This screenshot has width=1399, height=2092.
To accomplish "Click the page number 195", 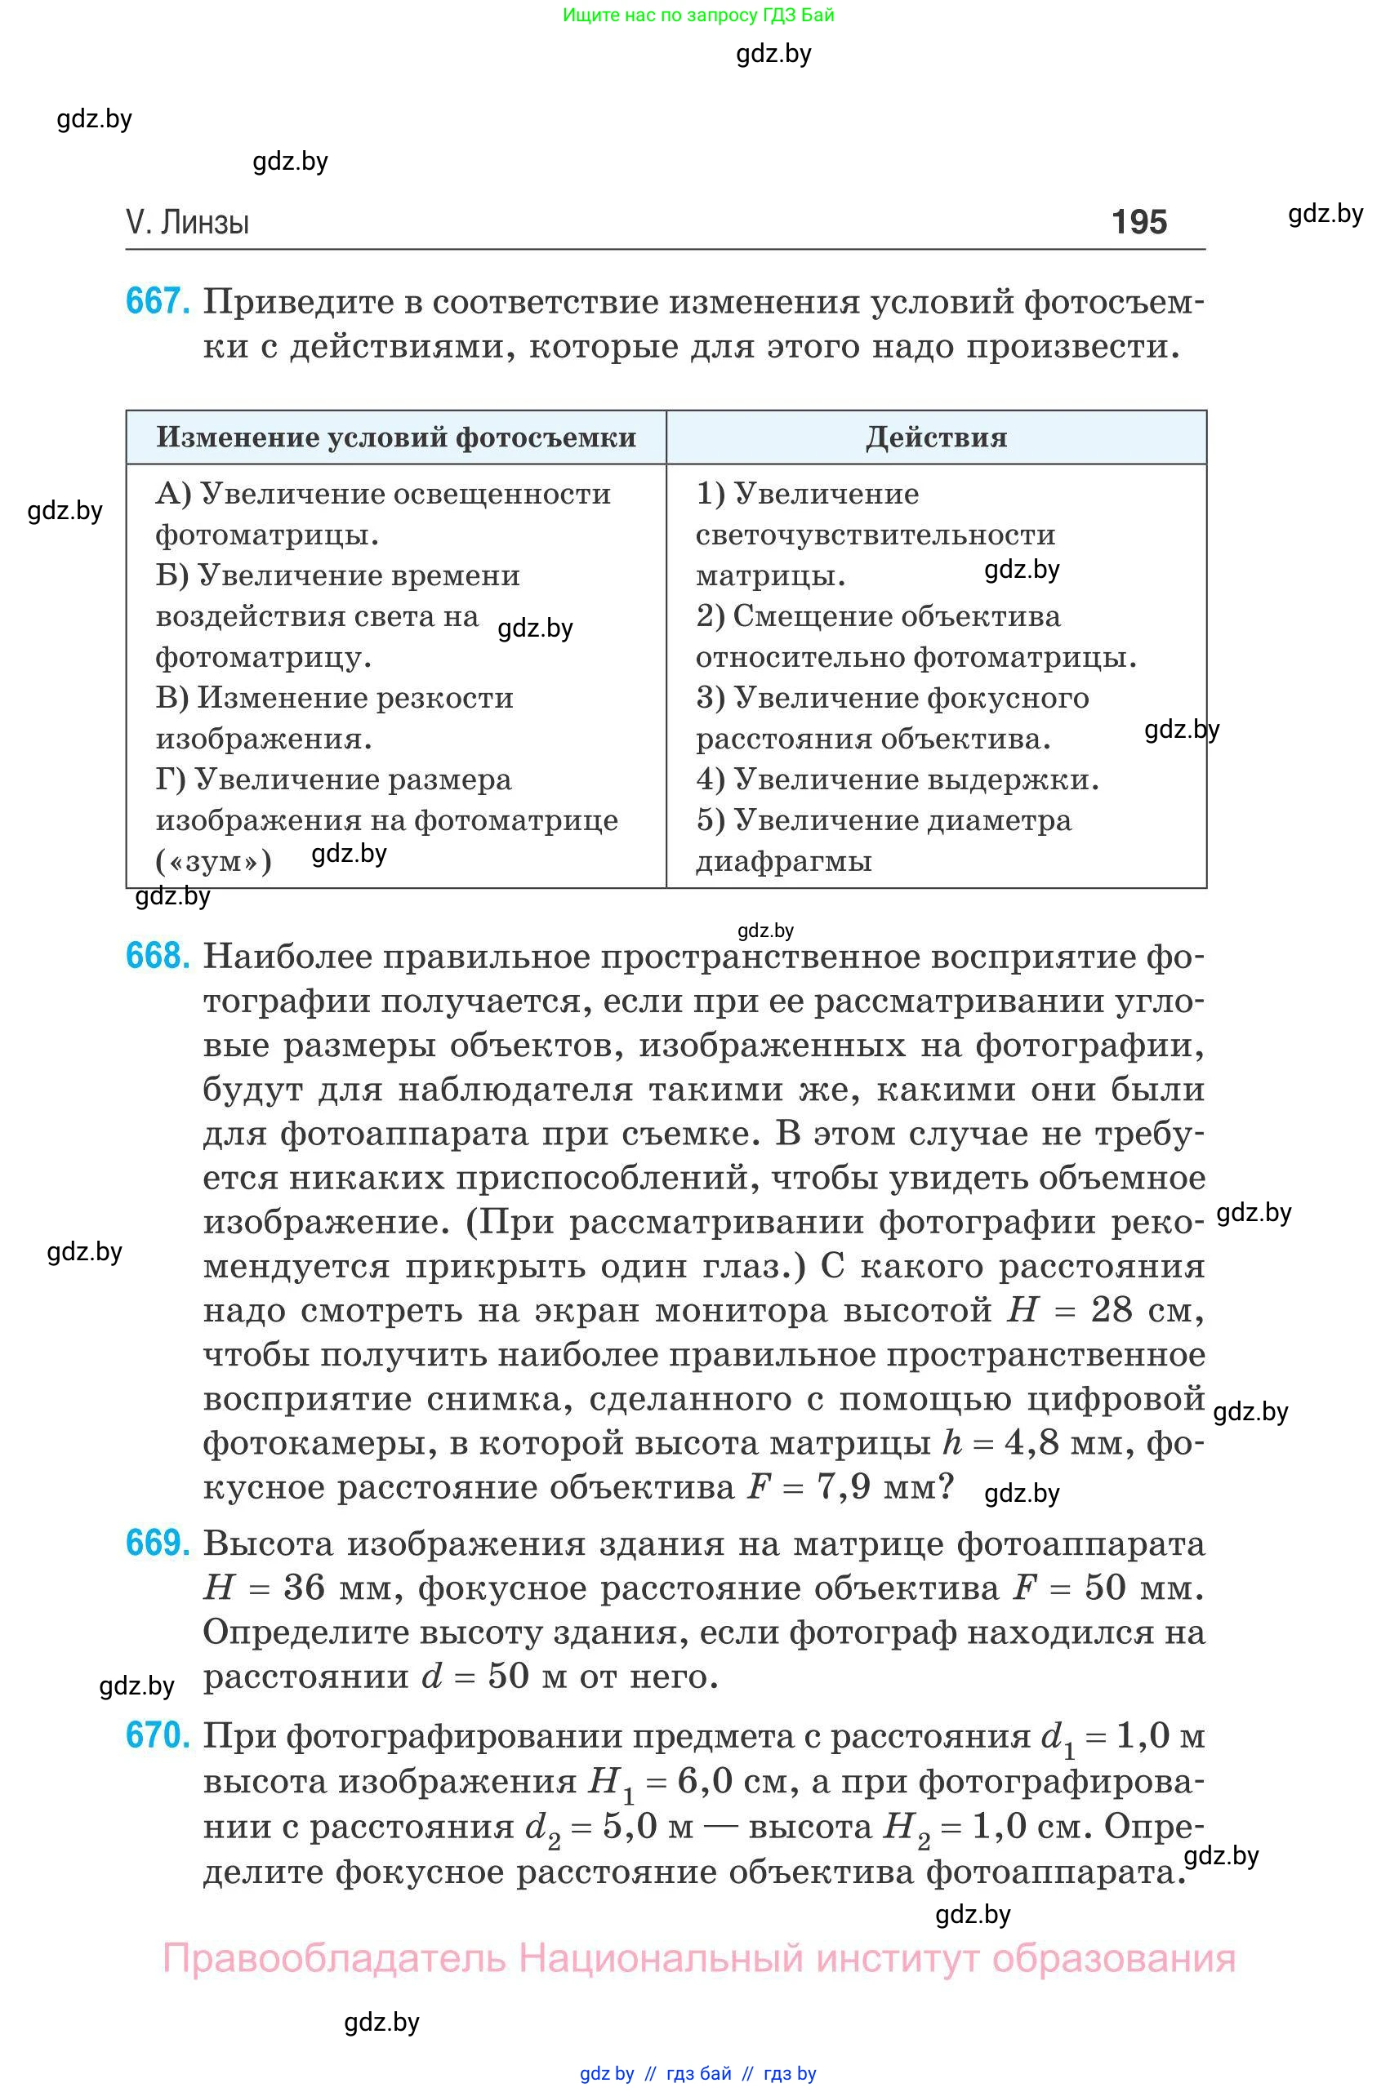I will [x=1138, y=221].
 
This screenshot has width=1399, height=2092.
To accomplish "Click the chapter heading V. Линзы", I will [x=187, y=222].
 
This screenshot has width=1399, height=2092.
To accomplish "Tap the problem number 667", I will [x=157, y=301].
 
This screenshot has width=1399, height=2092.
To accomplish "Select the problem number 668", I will [x=157, y=956].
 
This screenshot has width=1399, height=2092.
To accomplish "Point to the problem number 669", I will [x=157, y=1543].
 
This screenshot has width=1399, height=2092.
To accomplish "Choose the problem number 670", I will [x=157, y=1735].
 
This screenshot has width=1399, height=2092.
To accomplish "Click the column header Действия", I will [x=936, y=437].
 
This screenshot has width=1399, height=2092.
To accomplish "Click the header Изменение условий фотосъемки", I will [x=396, y=437].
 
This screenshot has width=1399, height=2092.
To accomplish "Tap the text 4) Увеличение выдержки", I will [x=897, y=780].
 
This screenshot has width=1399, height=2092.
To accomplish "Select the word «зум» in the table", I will [x=213, y=861].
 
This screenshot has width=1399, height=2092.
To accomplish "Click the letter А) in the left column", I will [x=173, y=493].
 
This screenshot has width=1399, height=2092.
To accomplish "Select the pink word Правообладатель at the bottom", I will [x=334, y=1958].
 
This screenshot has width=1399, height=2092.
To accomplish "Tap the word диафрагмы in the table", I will [x=783, y=861].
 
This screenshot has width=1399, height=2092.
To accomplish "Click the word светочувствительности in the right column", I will [x=875, y=534].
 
